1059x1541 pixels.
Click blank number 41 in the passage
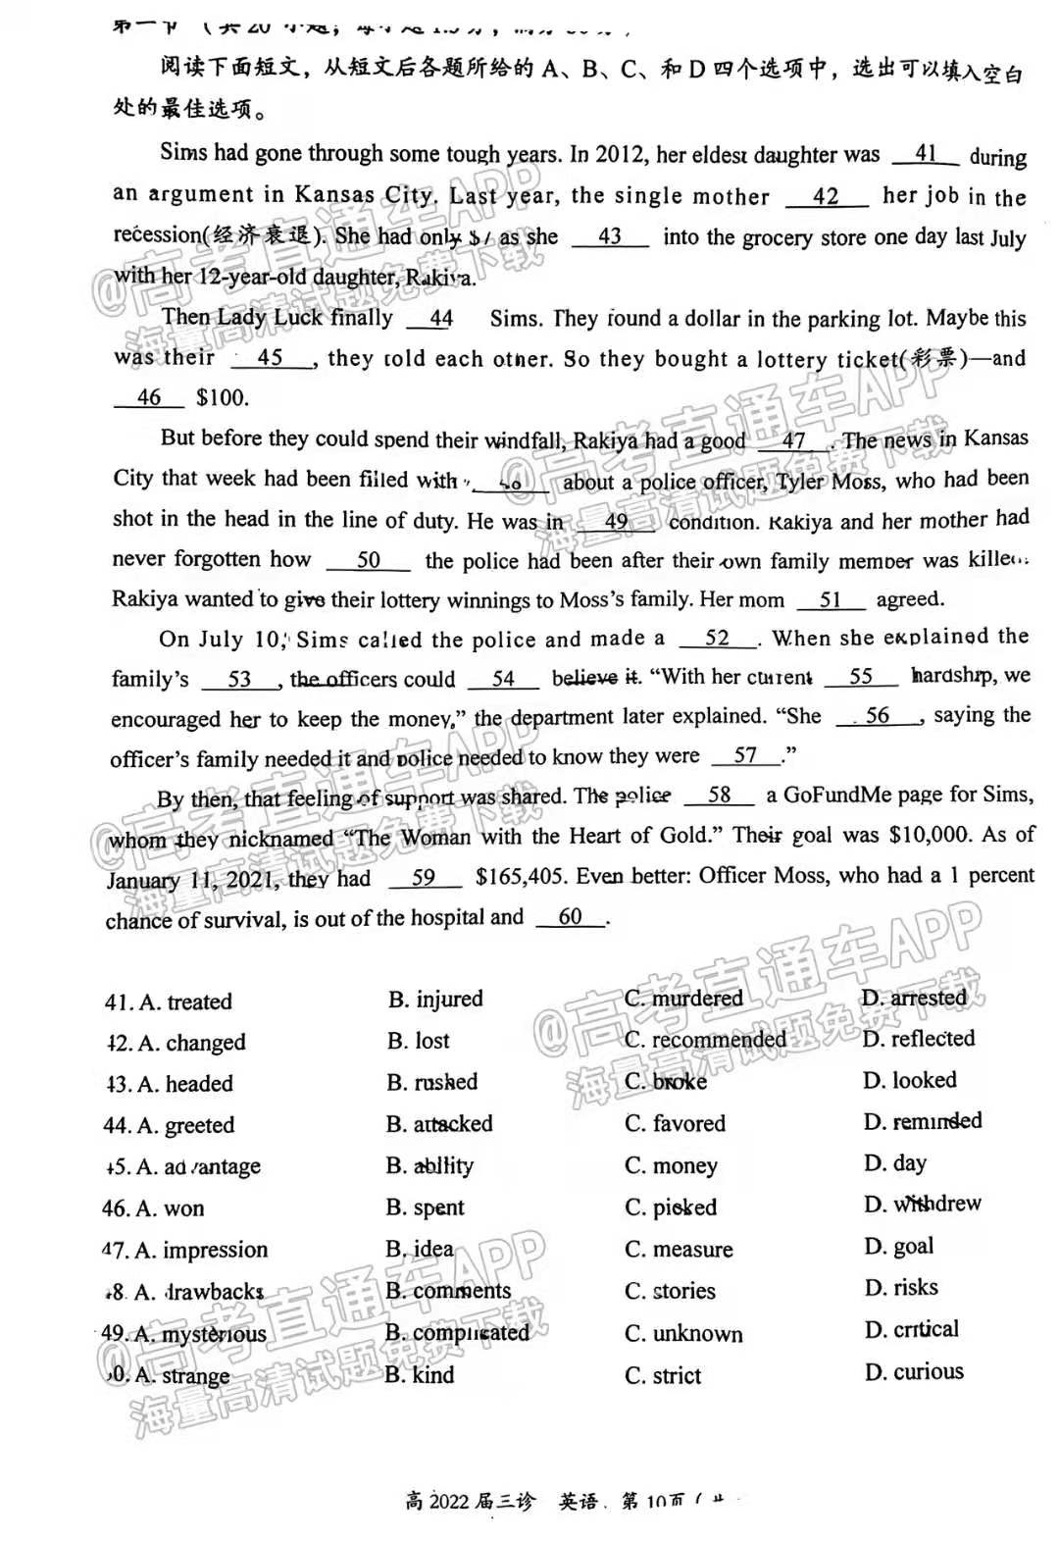926,154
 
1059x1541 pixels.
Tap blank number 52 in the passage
718,638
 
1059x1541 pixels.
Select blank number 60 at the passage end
570,917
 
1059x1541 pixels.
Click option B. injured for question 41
435,999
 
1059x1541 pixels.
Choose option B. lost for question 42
419,1040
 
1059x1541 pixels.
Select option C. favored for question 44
676,1123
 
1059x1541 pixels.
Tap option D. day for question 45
895,1163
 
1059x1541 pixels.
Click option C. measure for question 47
679,1250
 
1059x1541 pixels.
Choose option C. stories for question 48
671,1291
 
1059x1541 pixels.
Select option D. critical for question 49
912,1330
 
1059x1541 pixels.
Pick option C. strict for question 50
664,1375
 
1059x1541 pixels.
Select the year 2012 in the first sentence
619,154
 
